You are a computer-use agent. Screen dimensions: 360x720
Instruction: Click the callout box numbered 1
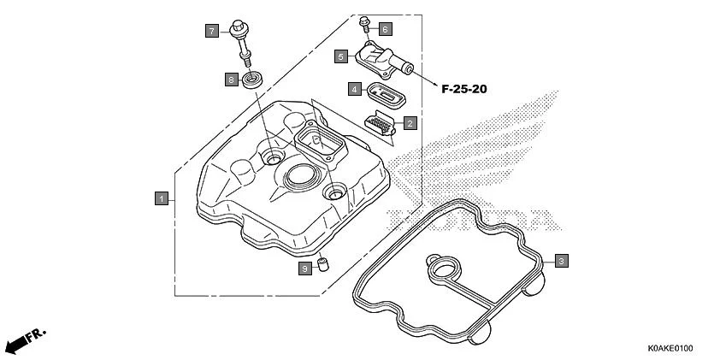tap(160, 198)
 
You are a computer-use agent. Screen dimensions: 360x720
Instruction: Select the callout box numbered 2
tap(410, 124)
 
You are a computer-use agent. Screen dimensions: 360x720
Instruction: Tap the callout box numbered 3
tap(560, 261)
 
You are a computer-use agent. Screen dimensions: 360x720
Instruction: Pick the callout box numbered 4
tap(353, 88)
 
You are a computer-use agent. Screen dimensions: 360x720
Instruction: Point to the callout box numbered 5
tap(340, 56)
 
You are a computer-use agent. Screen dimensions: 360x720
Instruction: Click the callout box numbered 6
tap(385, 29)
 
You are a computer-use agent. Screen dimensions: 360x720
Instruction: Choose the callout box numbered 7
tap(211, 31)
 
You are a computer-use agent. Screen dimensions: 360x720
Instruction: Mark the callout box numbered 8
tap(231, 80)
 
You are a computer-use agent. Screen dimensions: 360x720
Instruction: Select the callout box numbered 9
tap(304, 269)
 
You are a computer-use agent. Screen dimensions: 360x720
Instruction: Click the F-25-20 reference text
tap(470, 88)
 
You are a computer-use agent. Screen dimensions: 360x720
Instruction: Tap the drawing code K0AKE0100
tap(670, 349)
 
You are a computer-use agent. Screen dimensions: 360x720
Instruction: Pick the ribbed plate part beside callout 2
tap(382, 123)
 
